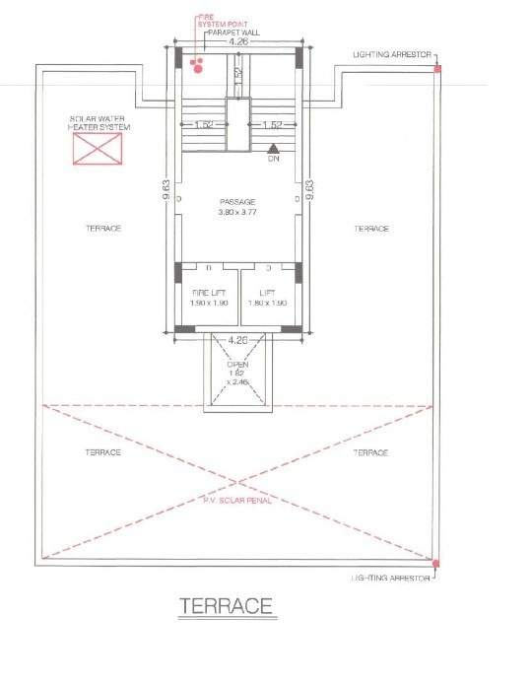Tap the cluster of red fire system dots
tap(198, 66)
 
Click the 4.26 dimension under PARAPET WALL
tap(237, 43)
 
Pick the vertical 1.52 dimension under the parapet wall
tap(237, 73)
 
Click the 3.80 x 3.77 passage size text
tap(237, 212)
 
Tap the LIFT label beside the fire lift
tap(267, 293)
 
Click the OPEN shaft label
tap(236, 365)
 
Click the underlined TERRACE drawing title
tap(225, 606)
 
